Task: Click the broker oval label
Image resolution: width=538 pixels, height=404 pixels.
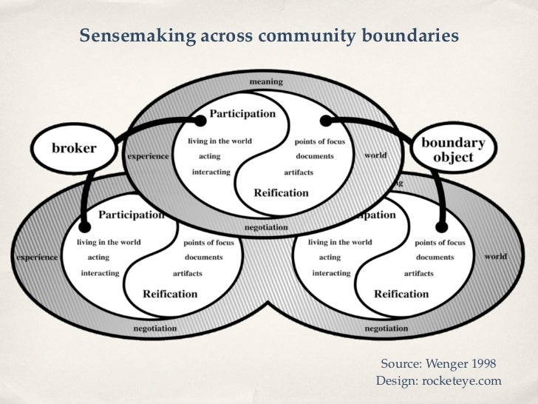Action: coord(74,147)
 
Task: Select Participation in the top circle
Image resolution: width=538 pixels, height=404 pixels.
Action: coord(242,114)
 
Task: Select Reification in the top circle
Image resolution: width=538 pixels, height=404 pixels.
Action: coord(281,192)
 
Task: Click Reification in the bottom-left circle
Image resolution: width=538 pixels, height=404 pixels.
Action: coord(171,293)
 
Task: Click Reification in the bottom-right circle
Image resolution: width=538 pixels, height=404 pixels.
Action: coord(401,293)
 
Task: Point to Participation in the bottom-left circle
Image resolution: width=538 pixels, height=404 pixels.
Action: coord(130,215)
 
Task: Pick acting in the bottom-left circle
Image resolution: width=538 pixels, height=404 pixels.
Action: coord(98,257)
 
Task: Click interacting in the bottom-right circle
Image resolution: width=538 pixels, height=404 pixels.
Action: coord(332,273)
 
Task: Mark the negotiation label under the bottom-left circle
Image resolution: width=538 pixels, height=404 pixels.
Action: coord(155,327)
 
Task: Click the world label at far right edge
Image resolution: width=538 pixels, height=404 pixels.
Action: coord(496,256)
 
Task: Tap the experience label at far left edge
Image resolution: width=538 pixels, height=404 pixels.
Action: coord(37,257)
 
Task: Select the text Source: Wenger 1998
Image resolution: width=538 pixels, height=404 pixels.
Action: coord(438,363)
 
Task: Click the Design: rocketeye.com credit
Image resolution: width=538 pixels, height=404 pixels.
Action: coord(438,380)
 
